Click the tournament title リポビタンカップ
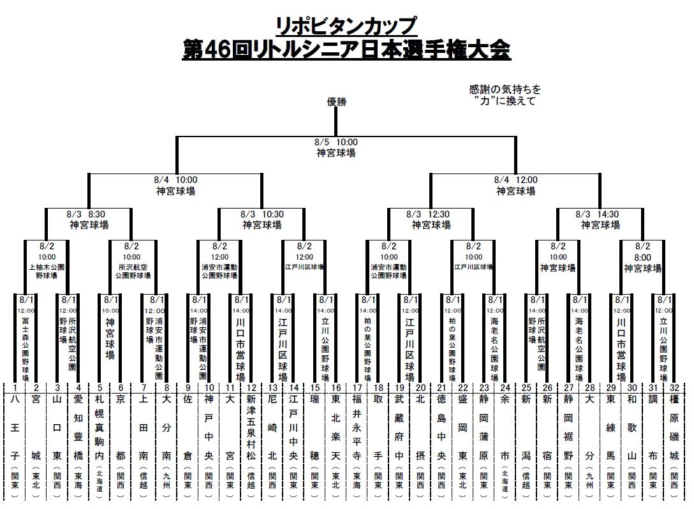pos(346,26)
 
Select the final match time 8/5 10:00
pos(336,142)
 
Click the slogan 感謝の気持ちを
pos(505,90)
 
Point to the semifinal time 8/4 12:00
pos(515,181)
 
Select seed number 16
pos(336,387)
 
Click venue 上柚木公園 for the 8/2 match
pos(47,268)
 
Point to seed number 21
pos(441,387)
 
